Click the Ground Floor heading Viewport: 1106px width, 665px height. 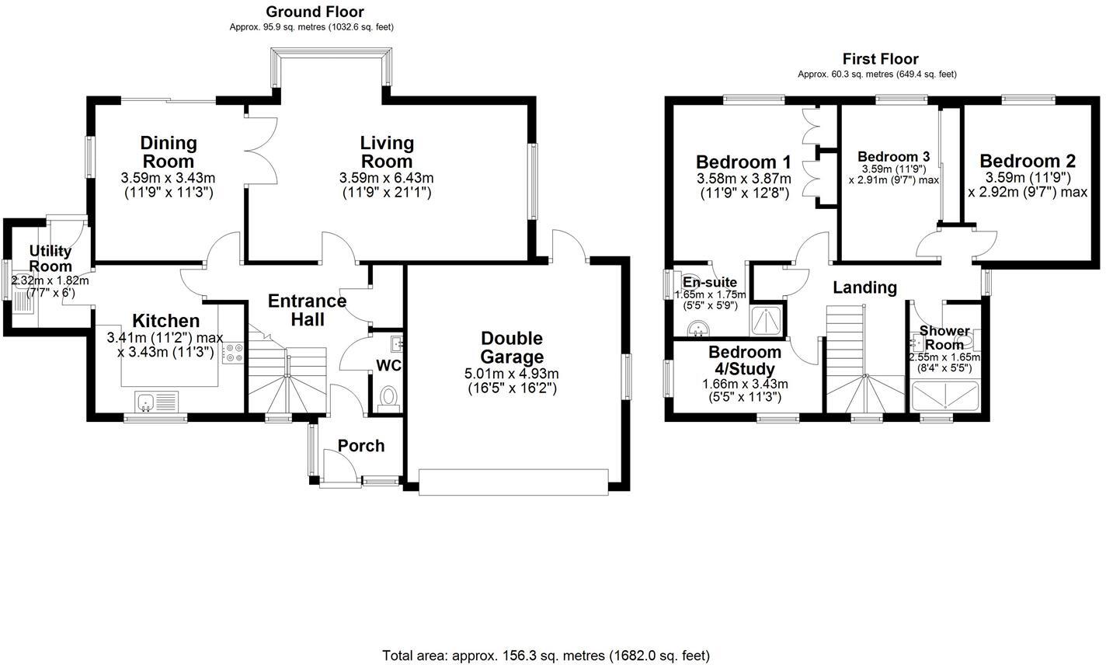click(x=315, y=12)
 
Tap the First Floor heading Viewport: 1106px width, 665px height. click(x=880, y=59)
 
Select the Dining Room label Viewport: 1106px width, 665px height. click(x=169, y=151)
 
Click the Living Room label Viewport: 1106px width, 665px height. click(x=387, y=151)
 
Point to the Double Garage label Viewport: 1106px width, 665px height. click(x=511, y=347)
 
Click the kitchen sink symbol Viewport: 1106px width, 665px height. click(x=155, y=402)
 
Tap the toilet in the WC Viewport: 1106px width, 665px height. click(x=388, y=398)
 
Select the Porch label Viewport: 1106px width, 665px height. click(x=361, y=445)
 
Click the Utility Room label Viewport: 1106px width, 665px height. click(x=51, y=259)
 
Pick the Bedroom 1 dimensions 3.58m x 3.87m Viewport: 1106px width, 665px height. click(x=743, y=179)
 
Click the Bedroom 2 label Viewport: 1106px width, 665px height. click(x=1028, y=162)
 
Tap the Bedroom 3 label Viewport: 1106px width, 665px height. click(x=893, y=153)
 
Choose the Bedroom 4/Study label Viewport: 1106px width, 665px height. click(x=745, y=360)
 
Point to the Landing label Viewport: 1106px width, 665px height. click(x=864, y=287)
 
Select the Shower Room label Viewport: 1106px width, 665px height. click(x=944, y=337)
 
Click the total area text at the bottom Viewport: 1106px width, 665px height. click(x=546, y=656)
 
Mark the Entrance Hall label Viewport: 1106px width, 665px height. click(x=308, y=309)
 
